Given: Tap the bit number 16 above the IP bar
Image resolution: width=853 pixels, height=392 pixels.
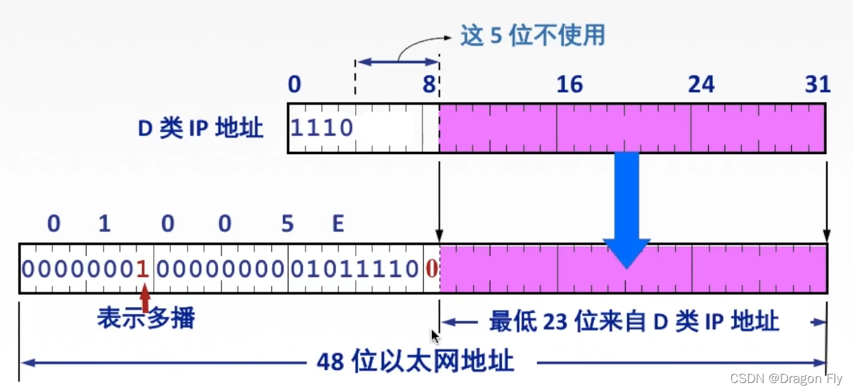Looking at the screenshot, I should (569, 85).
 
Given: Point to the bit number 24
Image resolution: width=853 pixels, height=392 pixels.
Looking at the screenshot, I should (701, 85).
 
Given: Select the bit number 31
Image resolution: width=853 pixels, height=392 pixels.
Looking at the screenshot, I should (817, 85).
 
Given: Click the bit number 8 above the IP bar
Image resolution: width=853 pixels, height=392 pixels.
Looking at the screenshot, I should (429, 85).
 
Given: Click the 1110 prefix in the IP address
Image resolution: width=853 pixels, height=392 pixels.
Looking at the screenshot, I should (322, 128).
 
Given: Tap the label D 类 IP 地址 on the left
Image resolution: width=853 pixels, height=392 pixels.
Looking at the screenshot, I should (201, 129).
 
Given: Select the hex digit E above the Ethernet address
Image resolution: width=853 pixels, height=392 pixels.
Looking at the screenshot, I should (337, 224).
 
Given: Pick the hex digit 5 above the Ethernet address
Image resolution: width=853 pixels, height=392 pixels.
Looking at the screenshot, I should (287, 224).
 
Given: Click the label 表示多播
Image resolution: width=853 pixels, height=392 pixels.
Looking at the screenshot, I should (146, 318).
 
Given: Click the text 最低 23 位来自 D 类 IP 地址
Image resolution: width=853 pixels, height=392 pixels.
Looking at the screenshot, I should (633, 321).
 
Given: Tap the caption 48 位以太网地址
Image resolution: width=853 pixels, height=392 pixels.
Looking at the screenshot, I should (416, 360).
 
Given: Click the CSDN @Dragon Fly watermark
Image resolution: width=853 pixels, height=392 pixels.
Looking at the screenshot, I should (786, 379).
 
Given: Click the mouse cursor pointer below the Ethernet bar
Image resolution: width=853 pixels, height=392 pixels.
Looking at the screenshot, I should (434, 336).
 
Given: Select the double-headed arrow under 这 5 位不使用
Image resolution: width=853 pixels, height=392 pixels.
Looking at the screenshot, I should (397, 63).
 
